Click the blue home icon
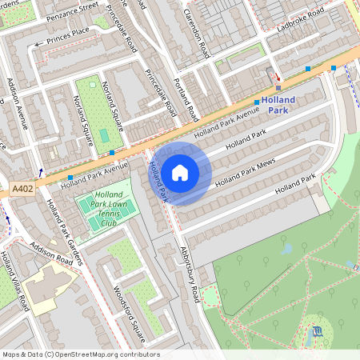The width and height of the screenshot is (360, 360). coord(180,171)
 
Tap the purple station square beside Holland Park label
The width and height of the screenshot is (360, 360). coord(278,86)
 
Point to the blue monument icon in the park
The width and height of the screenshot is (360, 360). coord(318,330)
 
